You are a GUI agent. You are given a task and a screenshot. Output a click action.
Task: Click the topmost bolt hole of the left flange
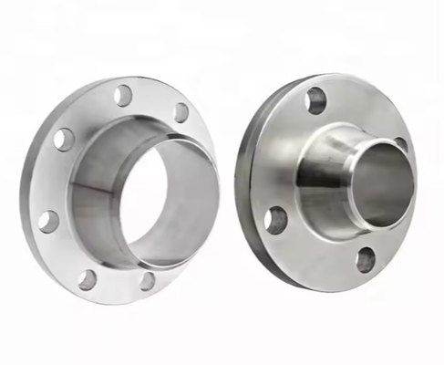(123, 94)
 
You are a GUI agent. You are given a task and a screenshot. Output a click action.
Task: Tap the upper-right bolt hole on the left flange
(181, 112)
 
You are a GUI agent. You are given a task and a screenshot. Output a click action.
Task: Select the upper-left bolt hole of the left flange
(64, 139)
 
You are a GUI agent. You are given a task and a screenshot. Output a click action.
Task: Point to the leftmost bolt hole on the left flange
(49, 221)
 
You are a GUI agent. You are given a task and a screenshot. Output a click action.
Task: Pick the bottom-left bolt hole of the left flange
(87, 279)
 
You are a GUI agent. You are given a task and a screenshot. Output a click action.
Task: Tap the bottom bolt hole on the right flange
(365, 260)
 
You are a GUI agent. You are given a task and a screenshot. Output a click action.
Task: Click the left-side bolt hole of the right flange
(275, 219)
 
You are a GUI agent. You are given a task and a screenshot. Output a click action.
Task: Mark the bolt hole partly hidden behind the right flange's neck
(402, 145)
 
